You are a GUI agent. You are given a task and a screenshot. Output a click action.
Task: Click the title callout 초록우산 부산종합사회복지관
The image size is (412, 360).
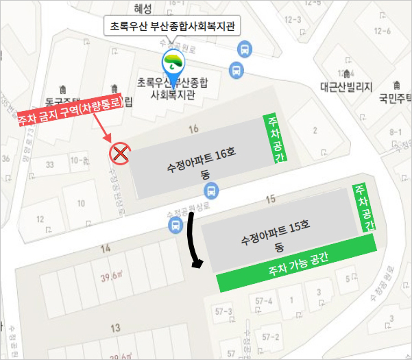173,27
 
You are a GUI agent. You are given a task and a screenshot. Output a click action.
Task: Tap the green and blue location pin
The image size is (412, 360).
173,64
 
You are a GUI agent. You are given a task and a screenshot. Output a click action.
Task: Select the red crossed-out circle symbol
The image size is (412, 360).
121,153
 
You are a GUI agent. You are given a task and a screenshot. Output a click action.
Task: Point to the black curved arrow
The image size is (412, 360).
195,240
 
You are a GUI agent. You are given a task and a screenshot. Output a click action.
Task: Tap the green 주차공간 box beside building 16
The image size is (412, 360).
274,140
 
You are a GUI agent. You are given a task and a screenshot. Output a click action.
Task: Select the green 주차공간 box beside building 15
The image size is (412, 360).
364,208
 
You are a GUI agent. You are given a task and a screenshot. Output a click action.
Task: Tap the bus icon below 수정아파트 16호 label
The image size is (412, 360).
213,191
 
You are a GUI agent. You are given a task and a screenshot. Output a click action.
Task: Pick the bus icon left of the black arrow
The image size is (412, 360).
178,226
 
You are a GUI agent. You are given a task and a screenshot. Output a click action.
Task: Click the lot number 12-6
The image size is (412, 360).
383,31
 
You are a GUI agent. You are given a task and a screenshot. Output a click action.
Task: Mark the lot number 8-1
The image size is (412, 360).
396,132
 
